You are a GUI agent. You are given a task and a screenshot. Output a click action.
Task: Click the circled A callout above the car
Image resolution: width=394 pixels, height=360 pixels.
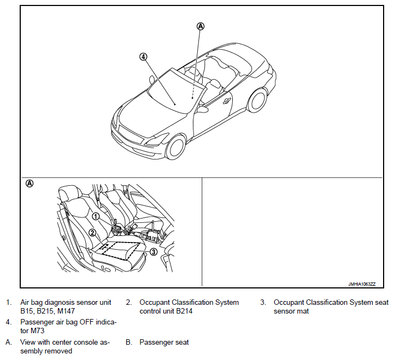[201, 26]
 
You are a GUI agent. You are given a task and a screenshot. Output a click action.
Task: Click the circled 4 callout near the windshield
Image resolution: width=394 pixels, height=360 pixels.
[144, 56]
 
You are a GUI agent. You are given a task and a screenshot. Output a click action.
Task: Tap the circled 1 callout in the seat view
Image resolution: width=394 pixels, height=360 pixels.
[95, 216]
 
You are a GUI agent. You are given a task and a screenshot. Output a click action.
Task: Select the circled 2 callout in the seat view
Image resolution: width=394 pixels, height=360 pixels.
[93, 233]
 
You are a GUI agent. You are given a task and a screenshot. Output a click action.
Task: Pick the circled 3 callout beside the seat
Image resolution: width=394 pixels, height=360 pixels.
[154, 252]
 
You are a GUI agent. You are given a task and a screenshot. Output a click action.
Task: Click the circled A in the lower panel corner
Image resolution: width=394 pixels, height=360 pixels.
[30, 184]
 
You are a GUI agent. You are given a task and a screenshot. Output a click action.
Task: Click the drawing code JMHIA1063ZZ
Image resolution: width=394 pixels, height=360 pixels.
[363, 284]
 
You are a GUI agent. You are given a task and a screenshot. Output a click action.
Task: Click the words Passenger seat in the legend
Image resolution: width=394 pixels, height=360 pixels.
[164, 343]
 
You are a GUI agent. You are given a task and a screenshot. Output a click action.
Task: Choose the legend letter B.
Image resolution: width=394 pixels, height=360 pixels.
[129, 343]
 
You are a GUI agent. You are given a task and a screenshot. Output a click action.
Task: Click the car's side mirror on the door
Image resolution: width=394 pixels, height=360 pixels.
[202, 109]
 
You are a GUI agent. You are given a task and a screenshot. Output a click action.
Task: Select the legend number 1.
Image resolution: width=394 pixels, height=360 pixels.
[8, 302]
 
